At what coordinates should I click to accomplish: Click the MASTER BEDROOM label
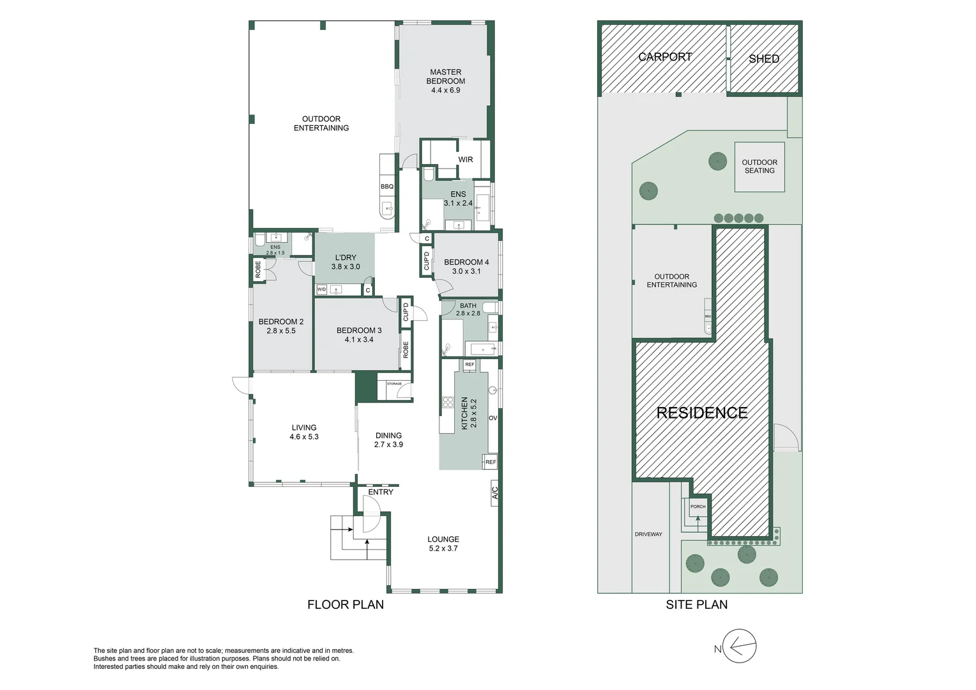(x=445, y=77)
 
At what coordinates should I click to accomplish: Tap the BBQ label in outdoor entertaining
(x=387, y=187)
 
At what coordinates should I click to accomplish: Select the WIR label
(x=465, y=160)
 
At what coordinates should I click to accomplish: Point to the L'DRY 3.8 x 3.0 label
(x=345, y=262)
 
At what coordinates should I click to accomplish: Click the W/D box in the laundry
(x=322, y=290)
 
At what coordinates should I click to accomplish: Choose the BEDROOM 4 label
(x=466, y=262)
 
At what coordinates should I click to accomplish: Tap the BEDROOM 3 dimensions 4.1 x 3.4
(x=359, y=340)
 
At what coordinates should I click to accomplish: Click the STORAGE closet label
(x=394, y=384)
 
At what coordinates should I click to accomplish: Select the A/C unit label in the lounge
(x=494, y=493)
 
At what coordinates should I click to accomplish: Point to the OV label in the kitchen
(x=492, y=418)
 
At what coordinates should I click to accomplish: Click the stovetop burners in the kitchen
(x=448, y=402)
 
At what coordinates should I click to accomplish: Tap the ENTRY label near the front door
(x=381, y=492)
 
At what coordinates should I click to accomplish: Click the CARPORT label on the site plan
(x=665, y=57)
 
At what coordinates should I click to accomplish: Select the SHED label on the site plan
(x=764, y=59)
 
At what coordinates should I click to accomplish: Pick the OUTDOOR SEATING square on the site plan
(x=759, y=167)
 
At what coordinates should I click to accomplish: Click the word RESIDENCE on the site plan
(x=702, y=413)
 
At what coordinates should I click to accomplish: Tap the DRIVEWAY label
(x=648, y=534)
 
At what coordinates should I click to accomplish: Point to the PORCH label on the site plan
(x=698, y=507)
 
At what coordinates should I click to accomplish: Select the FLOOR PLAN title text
(x=346, y=604)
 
